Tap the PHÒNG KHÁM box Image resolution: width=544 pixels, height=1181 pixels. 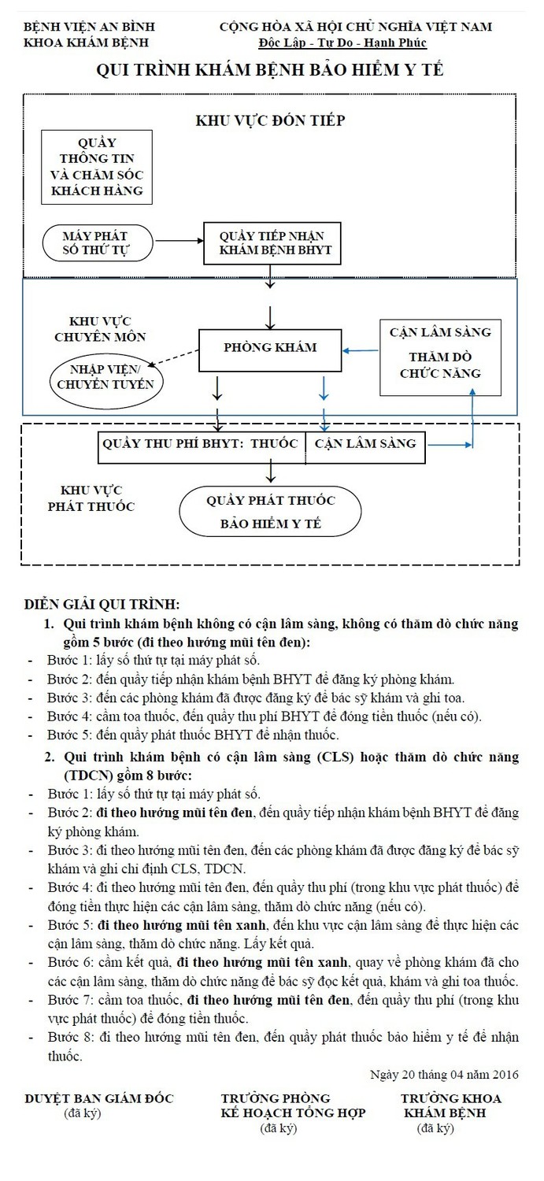(x=269, y=348)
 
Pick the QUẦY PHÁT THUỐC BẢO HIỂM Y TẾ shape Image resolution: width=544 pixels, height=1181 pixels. (x=270, y=513)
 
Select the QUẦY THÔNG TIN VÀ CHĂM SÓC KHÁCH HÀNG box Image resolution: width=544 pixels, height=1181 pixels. (x=97, y=167)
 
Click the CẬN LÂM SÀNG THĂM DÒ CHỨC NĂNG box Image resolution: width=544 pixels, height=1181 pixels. (x=440, y=352)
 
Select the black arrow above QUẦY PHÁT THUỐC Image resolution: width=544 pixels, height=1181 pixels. (x=271, y=471)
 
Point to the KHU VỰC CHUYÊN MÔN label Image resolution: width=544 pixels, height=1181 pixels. (x=100, y=329)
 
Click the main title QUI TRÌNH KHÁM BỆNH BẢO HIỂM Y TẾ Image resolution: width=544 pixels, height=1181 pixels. (x=270, y=71)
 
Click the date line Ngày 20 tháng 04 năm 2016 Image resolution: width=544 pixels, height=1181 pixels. (x=443, y=1074)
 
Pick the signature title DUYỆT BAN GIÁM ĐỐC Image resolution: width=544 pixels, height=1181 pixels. (x=99, y=1098)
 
